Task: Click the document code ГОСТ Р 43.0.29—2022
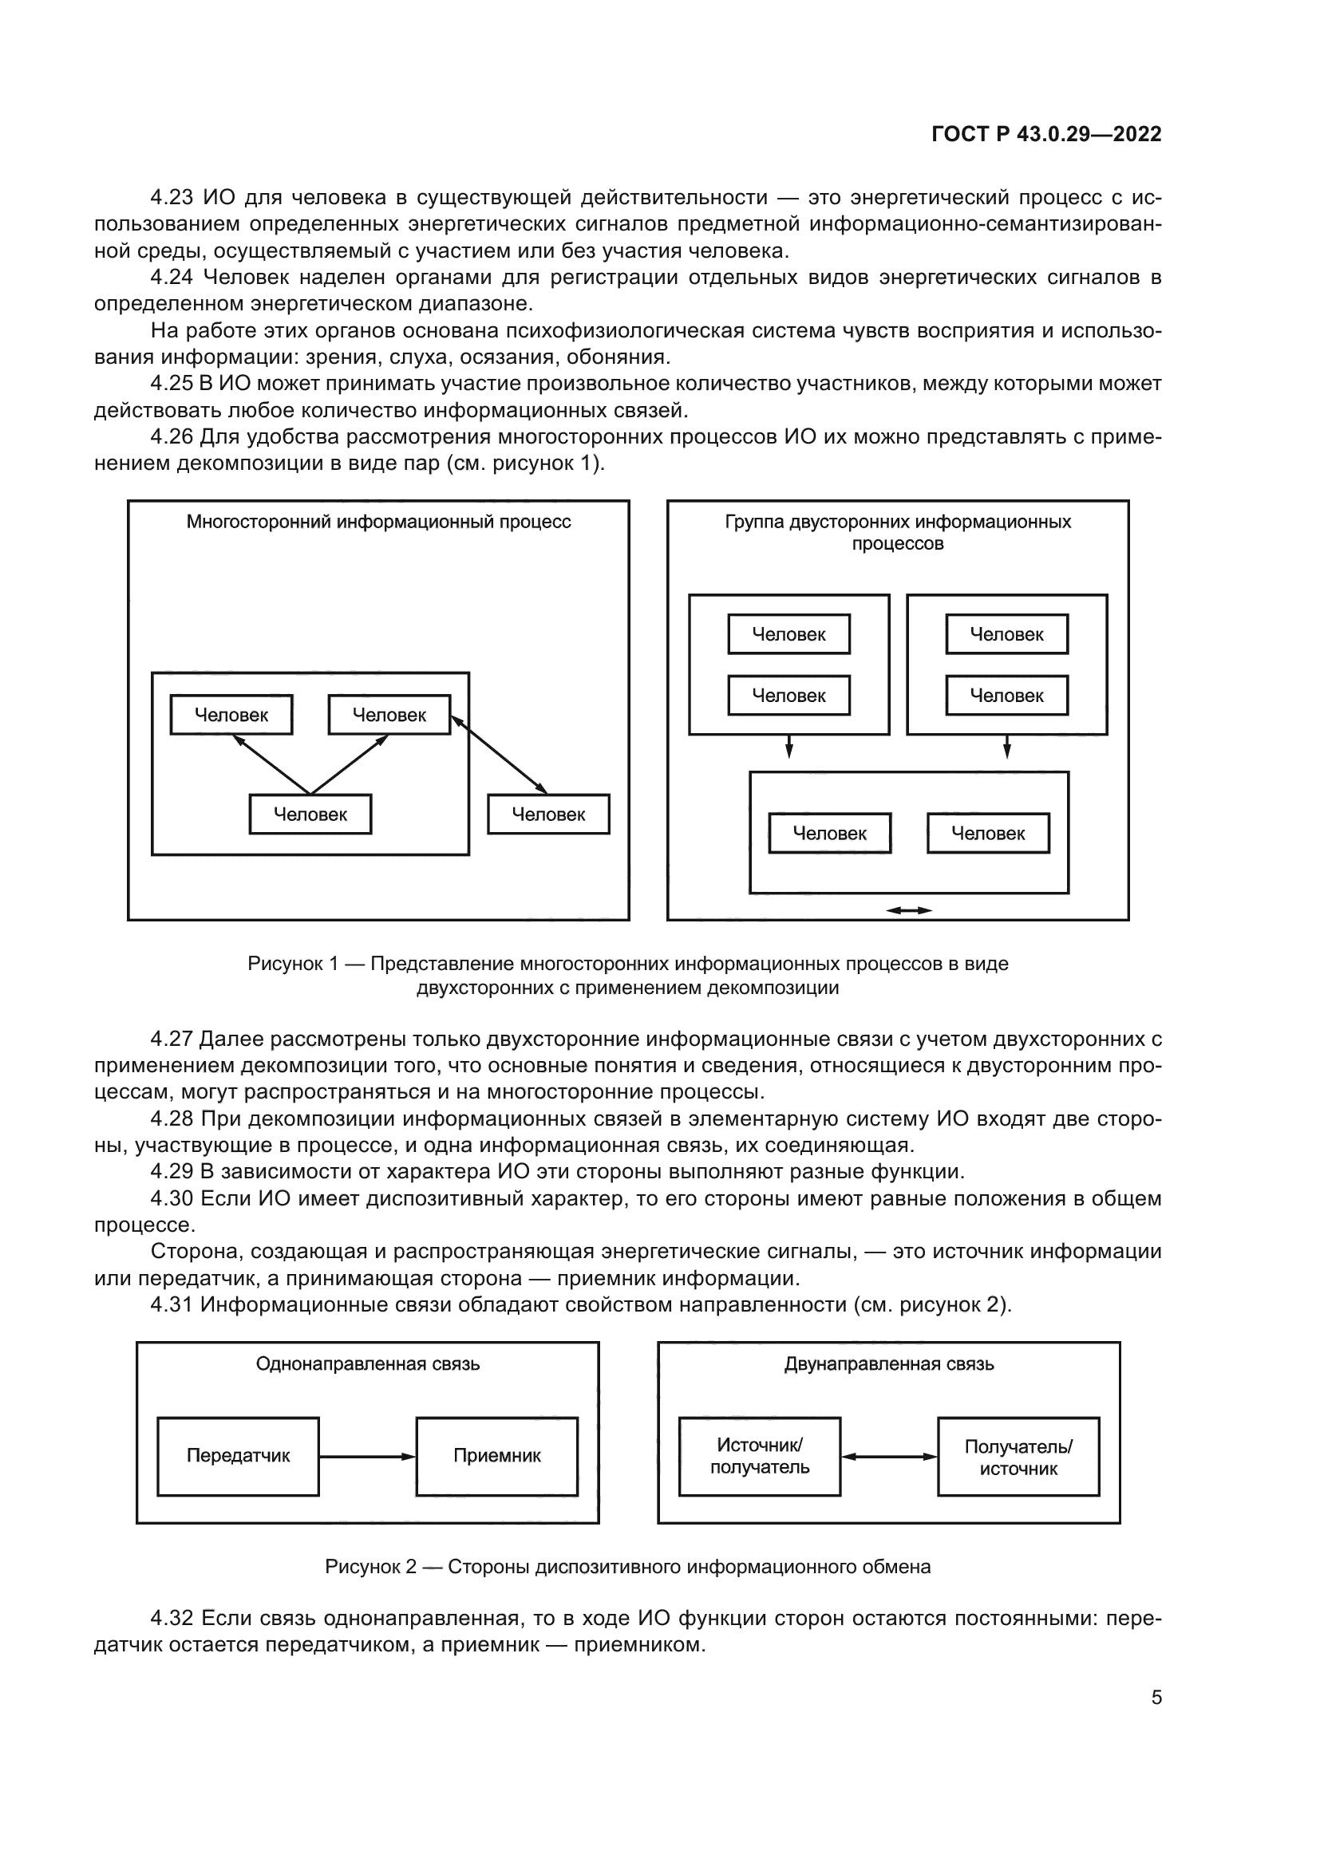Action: (1046, 134)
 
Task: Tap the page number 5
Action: (1156, 1697)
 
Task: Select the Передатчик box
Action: (238, 1456)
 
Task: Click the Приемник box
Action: (496, 1456)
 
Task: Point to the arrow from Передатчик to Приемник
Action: (367, 1457)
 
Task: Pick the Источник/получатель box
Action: (759, 1456)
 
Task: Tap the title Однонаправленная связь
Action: (367, 1363)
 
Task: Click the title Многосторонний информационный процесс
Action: (378, 522)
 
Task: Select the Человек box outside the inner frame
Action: (548, 815)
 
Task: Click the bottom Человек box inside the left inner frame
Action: (310, 815)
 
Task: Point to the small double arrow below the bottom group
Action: (909, 910)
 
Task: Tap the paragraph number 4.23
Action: (171, 198)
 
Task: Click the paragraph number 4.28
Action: (171, 1119)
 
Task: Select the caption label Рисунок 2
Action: (370, 1566)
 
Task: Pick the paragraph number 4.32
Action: (171, 1618)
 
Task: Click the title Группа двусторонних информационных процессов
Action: (897, 532)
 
